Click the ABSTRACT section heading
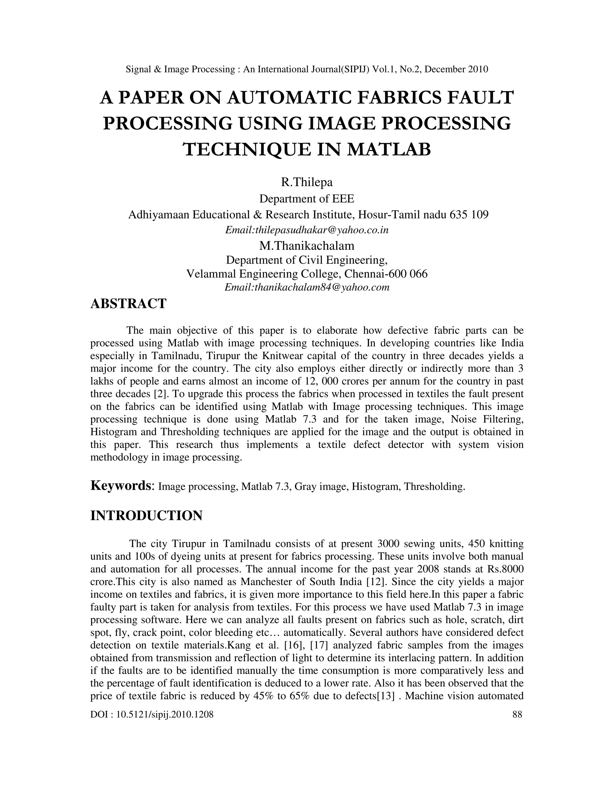pyautogui.click(x=128, y=304)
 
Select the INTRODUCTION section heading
pyautogui.click(x=146, y=516)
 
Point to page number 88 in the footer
pyautogui.click(x=517, y=715)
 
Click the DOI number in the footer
pyautogui.click(x=152, y=715)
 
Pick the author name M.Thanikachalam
pyautogui.click(x=307, y=246)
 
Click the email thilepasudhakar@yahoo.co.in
pyautogui.click(x=307, y=230)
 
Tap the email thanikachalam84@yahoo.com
pyautogui.click(x=307, y=287)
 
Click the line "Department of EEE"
pyautogui.click(x=307, y=199)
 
